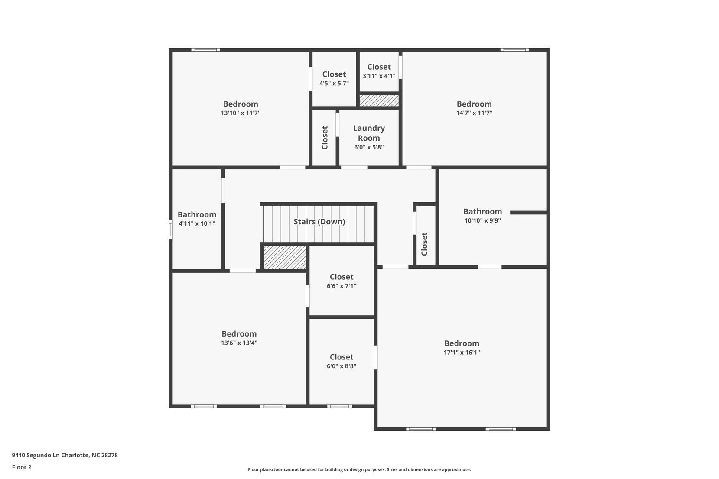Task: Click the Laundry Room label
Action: [x=369, y=133]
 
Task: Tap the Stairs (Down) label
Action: [x=319, y=222]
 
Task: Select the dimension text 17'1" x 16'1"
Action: [x=462, y=353]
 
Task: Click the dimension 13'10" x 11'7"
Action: [x=241, y=113]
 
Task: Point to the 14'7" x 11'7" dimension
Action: [x=474, y=113]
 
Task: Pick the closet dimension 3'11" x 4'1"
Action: [x=379, y=76]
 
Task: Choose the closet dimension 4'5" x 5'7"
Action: [x=334, y=83]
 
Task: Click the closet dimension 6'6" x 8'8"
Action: [x=342, y=366]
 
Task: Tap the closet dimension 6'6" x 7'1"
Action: [x=342, y=286]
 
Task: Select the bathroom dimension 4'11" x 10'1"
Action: [x=197, y=224]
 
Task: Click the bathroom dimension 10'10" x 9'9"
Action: [x=482, y=220]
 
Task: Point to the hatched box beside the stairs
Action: [x=285, y=257]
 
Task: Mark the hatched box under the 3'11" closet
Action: [x=379, y=100]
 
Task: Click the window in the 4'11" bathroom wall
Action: [x=171, y=230]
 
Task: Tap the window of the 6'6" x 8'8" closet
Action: [x=339, y=406]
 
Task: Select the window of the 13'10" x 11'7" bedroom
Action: [x=205, y=50]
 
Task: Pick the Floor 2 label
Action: [x=22, y=467]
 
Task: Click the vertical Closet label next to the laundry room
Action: [x=325, y=138]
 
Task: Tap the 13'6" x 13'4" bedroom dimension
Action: [x=239, y=343]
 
